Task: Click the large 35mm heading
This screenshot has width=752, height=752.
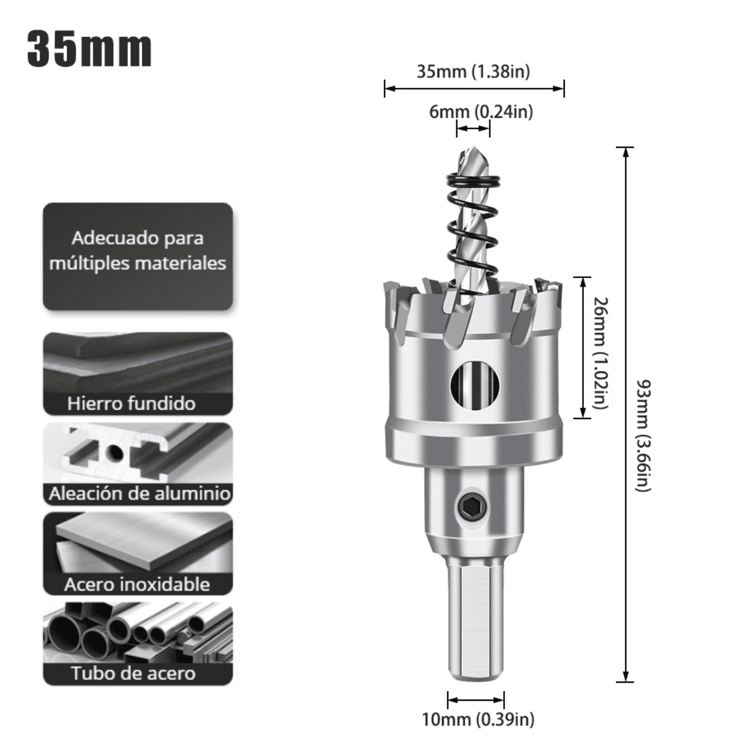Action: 89,49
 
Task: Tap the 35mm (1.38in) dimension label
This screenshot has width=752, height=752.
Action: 473,72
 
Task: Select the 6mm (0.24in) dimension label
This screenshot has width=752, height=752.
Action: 481,111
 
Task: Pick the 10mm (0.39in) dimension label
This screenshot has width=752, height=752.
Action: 478,719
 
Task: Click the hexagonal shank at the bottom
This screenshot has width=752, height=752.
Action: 475,622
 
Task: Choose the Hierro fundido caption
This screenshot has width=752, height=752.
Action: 131,404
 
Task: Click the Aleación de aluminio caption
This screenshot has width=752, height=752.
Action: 139,494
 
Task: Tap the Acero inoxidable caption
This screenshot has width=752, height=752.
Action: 137,585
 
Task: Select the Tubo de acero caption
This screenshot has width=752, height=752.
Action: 133,673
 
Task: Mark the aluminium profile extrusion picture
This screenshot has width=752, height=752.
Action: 137,454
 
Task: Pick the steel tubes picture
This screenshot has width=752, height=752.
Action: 137,633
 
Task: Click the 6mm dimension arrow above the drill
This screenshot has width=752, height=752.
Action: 473,129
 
